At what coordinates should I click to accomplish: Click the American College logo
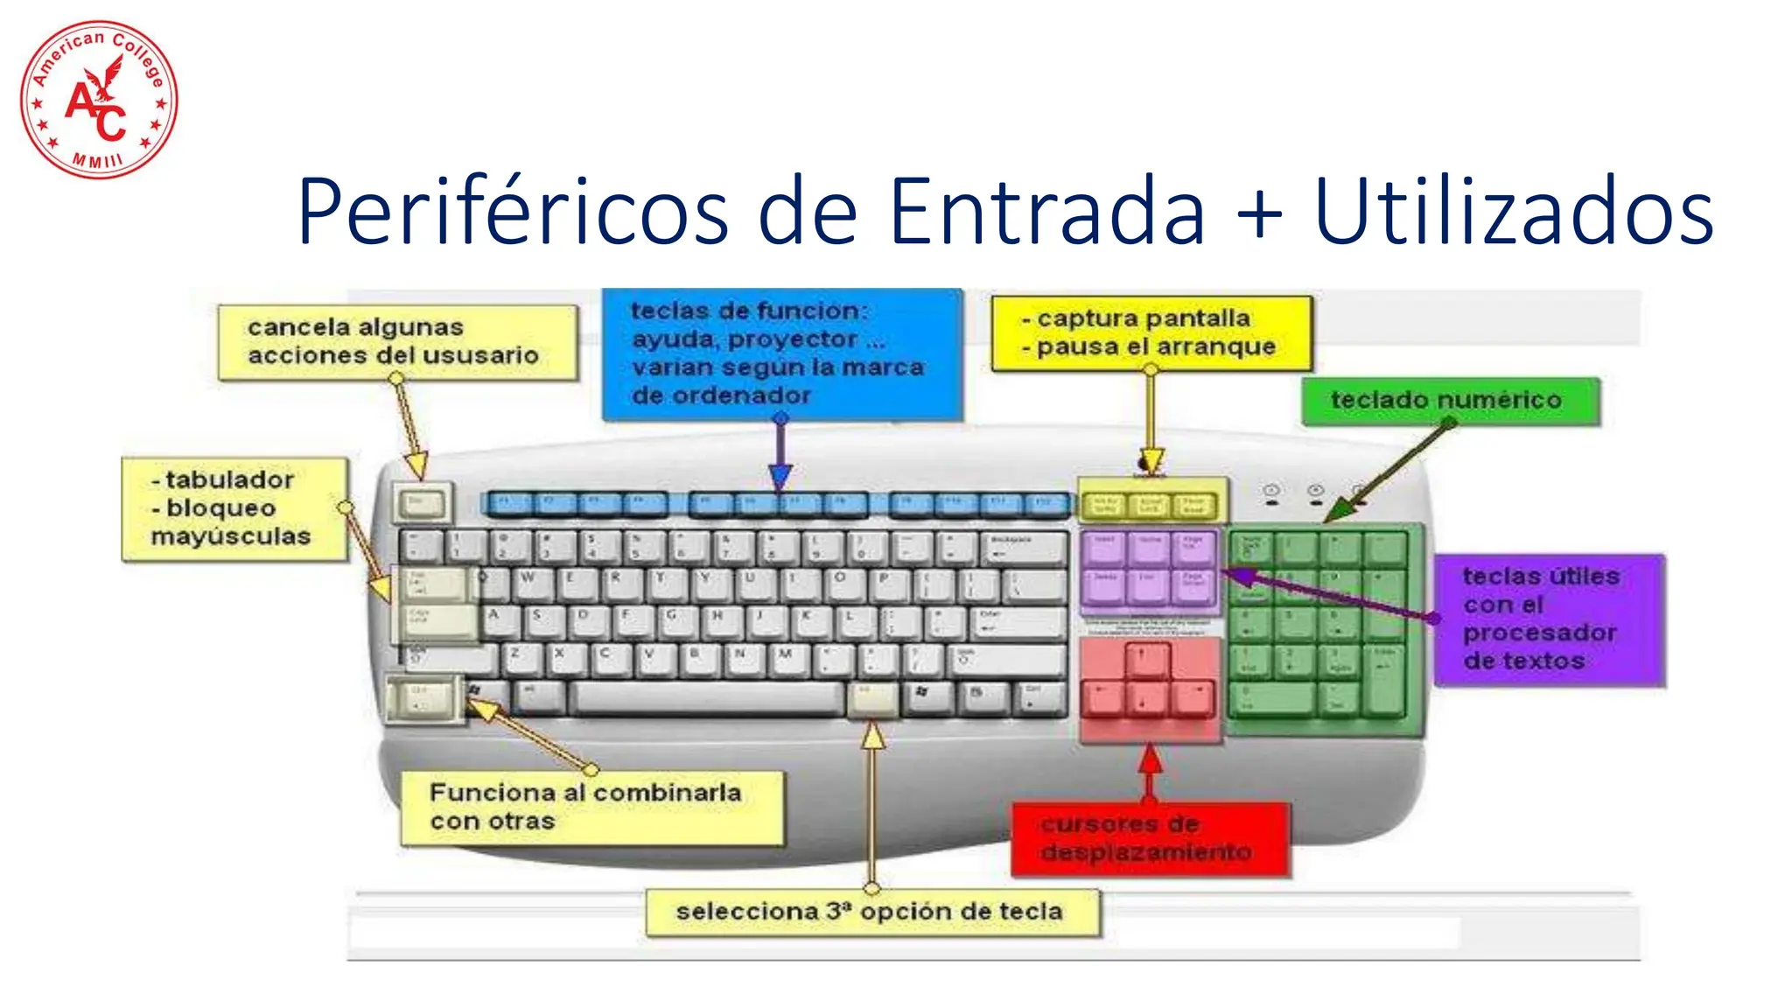pos(99,100)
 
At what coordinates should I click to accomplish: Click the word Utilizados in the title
pos(1513,213)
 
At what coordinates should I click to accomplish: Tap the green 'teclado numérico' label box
pos(1449,401)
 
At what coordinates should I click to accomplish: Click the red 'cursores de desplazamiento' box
pos(1149,839)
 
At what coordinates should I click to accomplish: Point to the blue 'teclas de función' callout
pos(781,353)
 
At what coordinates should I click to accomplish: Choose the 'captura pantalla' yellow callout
pos(1151,332)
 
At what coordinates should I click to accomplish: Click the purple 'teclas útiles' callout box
pos(1548,619)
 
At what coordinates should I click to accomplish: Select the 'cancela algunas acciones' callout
pos(397,342)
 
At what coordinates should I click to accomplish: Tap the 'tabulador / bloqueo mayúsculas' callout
pos(234,508)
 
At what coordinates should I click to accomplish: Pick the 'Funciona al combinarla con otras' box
pos(591,808)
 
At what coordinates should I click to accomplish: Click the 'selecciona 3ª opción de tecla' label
pos(871,913)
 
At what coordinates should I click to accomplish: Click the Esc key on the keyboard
pos(422,503)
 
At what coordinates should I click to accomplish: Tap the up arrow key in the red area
pos(1147,659)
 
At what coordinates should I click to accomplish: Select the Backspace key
pos(1024,547)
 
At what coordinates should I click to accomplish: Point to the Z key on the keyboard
pos(521,659)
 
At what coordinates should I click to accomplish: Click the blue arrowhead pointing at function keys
pos(780,477)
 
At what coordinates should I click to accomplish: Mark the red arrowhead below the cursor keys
pos(1150,759)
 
